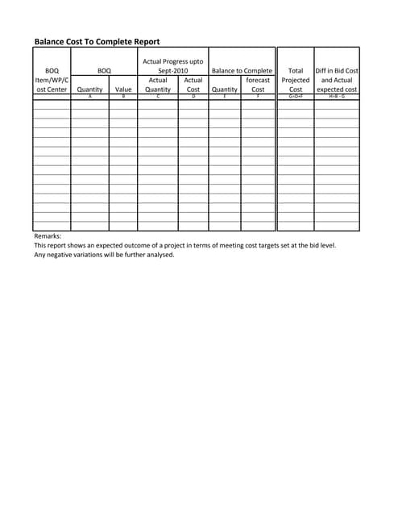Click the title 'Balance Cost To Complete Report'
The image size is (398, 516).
[x=97, y=41]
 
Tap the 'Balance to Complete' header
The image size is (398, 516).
[x=242, y=71]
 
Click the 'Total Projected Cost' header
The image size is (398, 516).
[x=296, y=80]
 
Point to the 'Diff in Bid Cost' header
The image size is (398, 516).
[x=337, y=71]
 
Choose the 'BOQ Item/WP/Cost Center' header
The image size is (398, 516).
[x=52, y=80]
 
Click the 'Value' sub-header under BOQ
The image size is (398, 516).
[x=123, y=89]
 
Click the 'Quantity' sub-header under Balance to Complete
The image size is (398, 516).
[x=224, y=89]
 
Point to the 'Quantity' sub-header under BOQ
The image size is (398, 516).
[x=89, y=89]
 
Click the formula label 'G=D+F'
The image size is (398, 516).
[x=296, y=96]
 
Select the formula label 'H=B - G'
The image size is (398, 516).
[x=337, y=96]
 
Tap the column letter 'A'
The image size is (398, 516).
[x=89, y=96]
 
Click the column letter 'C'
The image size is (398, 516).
[x=158, y=96]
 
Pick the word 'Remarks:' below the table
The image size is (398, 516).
[x=48, y=236]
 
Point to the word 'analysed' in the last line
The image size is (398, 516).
[x=159, y=255]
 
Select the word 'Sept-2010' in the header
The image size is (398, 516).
[x=172, y=71]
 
